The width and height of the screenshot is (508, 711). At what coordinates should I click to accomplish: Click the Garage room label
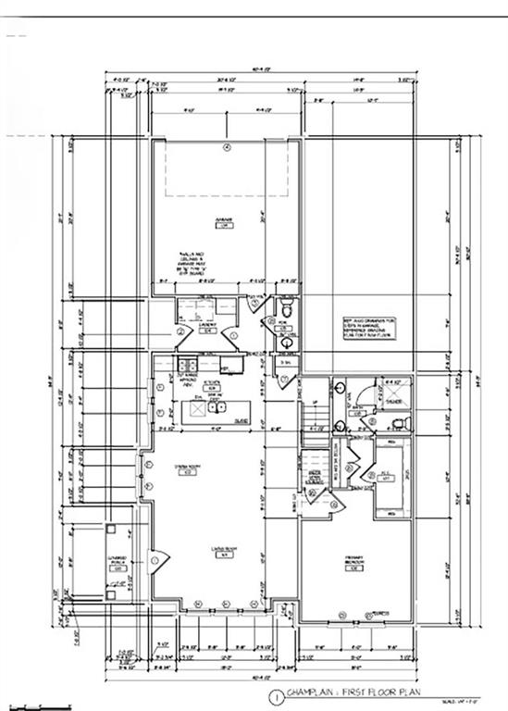click(223, 223)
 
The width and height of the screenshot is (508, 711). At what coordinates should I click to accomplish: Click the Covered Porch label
click(118, 565)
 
